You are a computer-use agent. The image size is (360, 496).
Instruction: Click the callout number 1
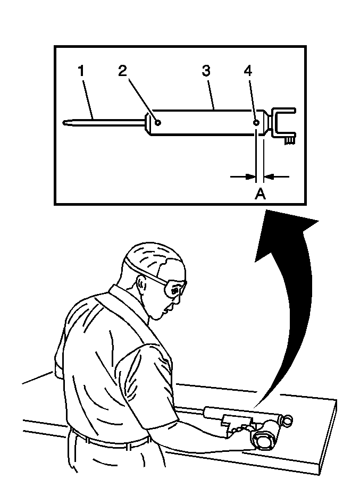coord(81,71)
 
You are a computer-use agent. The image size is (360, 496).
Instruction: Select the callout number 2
coord(123,71)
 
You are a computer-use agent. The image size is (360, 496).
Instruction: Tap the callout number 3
coord(206,71)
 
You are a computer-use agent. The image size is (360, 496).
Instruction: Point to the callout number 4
coord(248,71)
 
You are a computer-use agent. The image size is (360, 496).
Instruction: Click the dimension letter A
coord(260,194)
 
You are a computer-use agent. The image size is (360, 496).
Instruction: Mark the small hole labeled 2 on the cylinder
coord(157,122)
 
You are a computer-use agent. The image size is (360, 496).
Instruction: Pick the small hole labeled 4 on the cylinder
coord(256,122)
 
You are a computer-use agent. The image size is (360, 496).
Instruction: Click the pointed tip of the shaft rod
coord(64,122)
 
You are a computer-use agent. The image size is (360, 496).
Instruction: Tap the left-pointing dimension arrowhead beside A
coord(268,177)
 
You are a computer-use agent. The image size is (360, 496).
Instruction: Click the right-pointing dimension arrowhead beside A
coord(250,177)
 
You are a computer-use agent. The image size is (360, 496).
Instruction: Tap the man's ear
coord(141,285)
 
